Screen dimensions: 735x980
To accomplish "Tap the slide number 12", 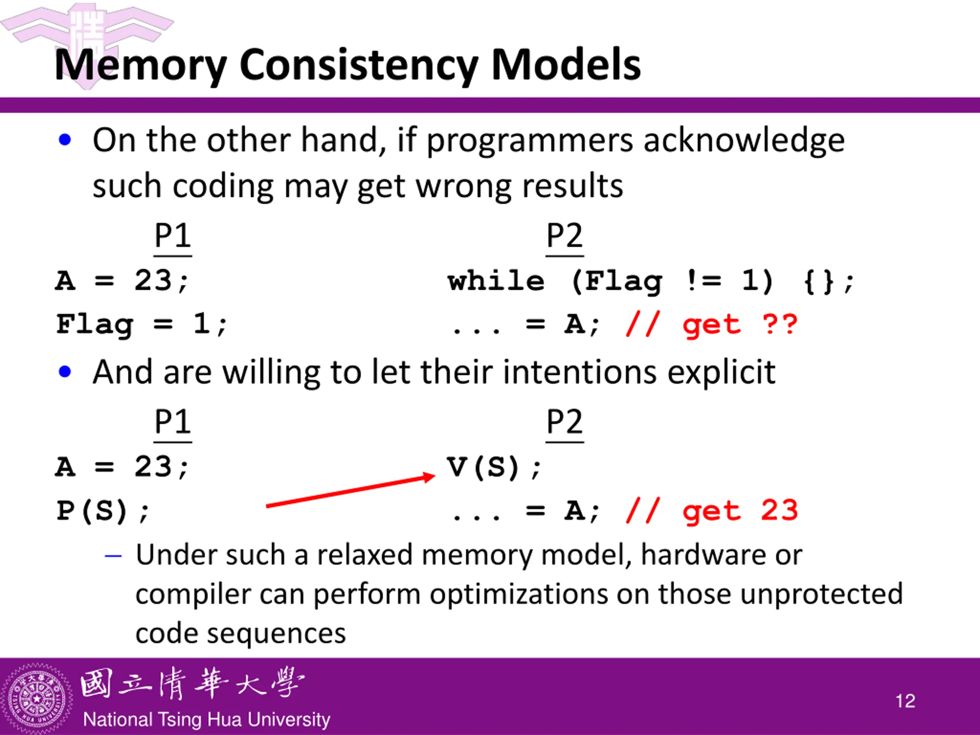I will point(905,701).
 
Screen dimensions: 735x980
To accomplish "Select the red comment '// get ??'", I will point(712,325).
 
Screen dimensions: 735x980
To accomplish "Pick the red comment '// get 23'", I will point(712,511).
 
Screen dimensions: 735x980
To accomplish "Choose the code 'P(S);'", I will point(103,511).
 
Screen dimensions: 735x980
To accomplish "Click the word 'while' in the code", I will point(496,281).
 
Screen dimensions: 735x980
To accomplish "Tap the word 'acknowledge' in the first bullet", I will point(744,141).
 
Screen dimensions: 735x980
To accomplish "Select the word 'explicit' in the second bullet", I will point(721,372).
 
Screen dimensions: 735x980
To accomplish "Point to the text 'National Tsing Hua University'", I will point(206,719).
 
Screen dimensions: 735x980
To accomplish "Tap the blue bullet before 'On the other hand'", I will point(65,140).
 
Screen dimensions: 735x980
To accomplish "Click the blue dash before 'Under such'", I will point(113,555).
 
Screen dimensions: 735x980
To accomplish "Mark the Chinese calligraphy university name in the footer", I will point(192,684).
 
